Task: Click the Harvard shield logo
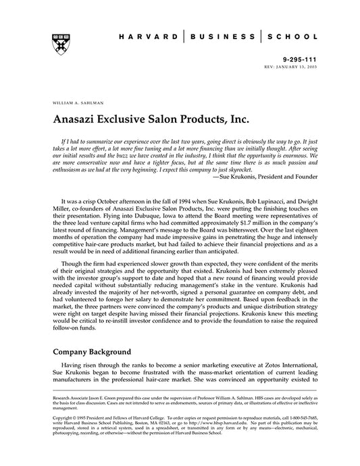(x=56, y=38)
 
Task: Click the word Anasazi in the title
(x=78, y=119)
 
